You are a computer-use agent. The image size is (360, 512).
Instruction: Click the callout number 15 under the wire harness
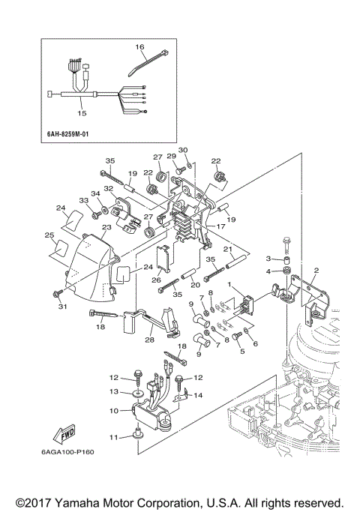[x=82, y=113]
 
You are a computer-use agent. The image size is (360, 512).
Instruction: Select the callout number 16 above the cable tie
[x=139, y=47]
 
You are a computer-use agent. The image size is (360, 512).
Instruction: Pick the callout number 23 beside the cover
[x=106, y=228]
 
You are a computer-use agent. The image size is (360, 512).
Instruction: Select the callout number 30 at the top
[x=183, y=151]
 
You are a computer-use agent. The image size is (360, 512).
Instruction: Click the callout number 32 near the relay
[x=109, y=189]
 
